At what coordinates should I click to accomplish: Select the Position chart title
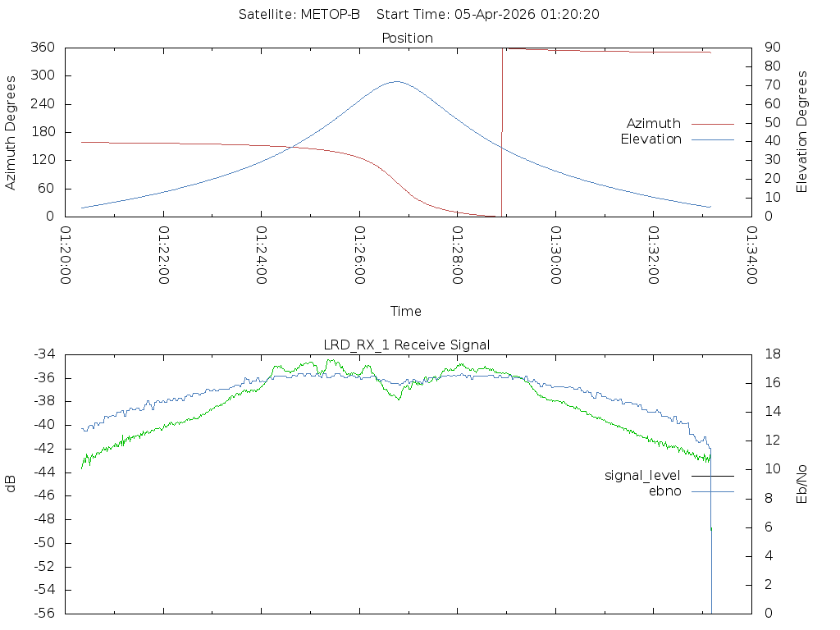(408, 38)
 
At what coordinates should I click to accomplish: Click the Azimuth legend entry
(654, 124)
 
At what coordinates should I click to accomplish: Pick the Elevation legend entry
(651, 139)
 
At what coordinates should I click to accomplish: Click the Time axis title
(406, 312)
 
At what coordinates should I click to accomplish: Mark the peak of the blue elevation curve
(396, 81)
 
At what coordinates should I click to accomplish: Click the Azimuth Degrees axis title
(11, 132)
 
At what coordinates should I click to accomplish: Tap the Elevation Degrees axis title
(802, 132)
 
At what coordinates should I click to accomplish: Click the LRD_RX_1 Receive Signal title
(407, 345)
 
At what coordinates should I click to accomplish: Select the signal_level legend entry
(642, 476)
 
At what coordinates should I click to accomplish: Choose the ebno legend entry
(665, 491)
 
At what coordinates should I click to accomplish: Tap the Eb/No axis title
(802, 484)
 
